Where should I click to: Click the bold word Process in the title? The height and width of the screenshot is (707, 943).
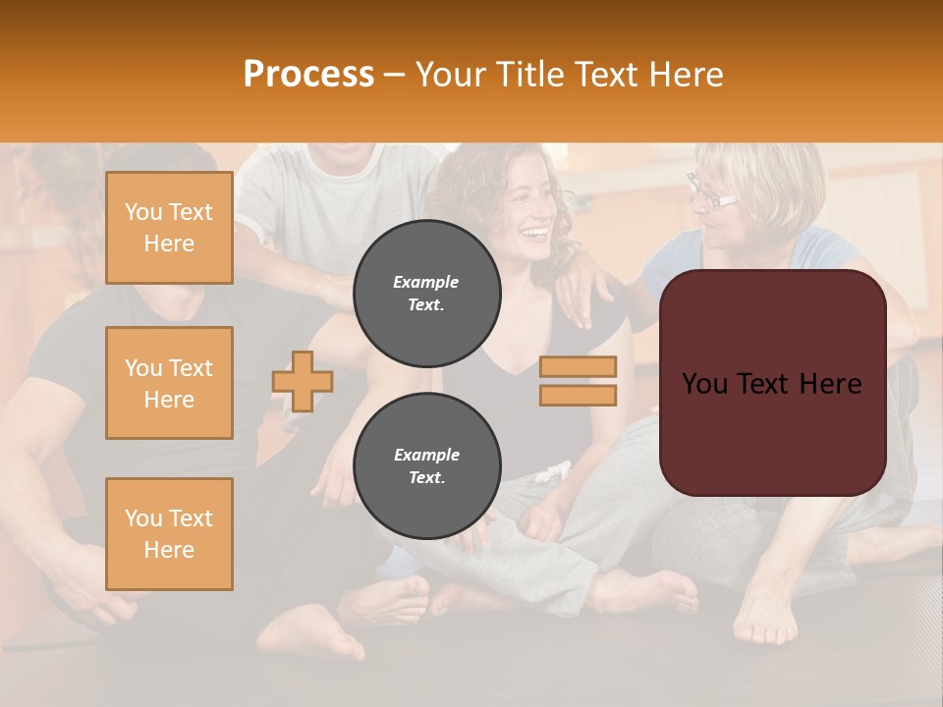point(308,75)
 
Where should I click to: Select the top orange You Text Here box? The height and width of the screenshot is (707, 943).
point(169,228)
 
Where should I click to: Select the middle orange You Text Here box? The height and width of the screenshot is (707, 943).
point(169,383)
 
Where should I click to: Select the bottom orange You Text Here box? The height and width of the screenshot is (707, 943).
point(169,534)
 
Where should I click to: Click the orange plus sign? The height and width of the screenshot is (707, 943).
point(303,381)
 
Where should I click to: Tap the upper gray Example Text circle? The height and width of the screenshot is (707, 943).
point(426,294)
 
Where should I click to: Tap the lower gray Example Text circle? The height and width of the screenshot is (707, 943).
point(426,466)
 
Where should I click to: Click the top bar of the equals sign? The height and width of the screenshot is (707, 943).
point(578,367)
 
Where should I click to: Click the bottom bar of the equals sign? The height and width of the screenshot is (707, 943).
point(578,395)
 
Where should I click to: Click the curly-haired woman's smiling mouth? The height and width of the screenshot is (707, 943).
point(534,234)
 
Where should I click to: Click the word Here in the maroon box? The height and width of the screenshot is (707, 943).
point(830,384)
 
